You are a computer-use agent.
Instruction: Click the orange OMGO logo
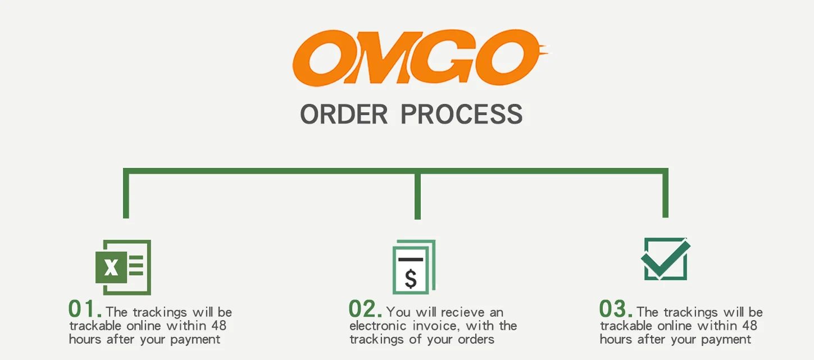coord(419,58)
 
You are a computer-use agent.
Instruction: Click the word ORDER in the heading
coord(344,114)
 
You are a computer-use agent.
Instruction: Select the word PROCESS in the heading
coord(461,114)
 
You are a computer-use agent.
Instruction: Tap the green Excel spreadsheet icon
coord(123,267)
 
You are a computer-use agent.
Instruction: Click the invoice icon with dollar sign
coord(413,267)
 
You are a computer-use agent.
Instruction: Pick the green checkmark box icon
coord(666,259)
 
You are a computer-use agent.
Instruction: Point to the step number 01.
coord(84,309)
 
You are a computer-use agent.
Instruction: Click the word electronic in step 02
coord(376,326)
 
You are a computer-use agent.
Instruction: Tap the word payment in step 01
coord(195,340)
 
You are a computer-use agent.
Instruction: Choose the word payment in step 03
coord(726,340)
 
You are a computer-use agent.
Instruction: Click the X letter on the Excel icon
coord(111,267)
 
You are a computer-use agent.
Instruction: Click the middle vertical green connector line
coord(417,195)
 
